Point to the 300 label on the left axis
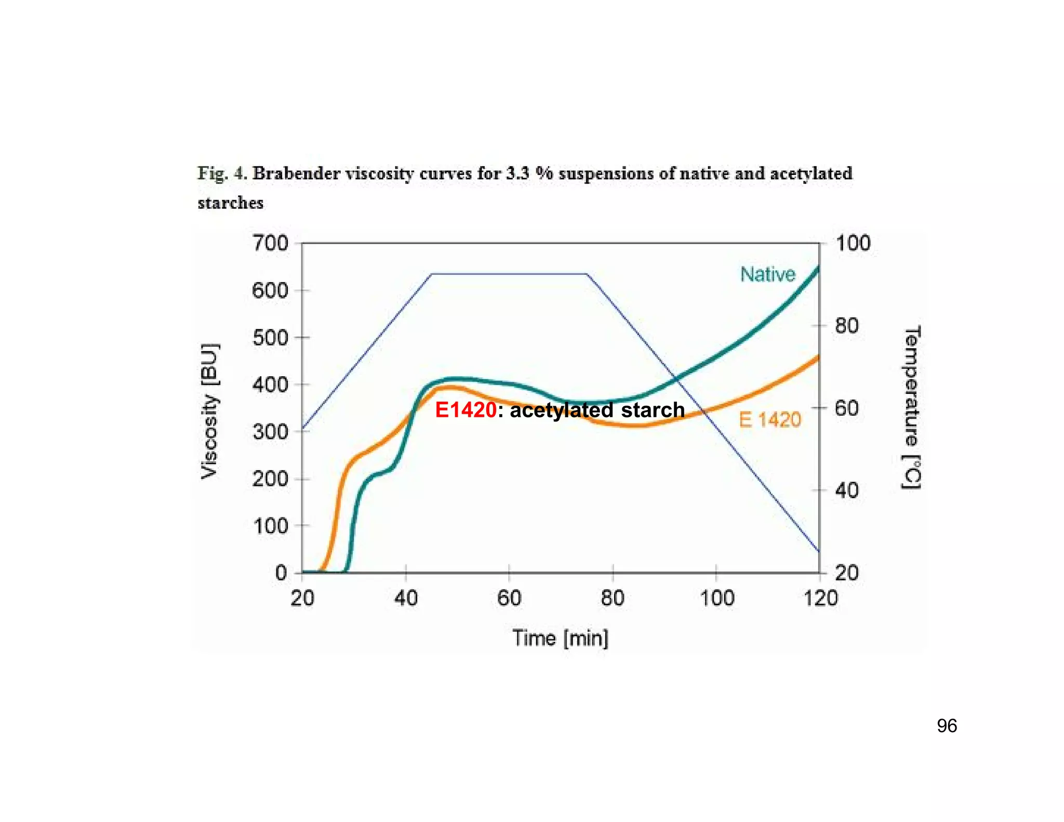point(270,432)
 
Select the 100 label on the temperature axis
point(853,243)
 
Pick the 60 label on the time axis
point(509,598)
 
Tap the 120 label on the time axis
point(820,598)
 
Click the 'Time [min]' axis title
point(560,638)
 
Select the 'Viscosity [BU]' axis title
point(210,410)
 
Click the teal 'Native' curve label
point(767,274)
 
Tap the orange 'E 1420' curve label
point(770,420)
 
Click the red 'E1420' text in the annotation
point(465,410)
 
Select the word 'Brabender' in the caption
point(296,174)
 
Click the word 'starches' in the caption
point(230,203)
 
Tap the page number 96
point(947,726)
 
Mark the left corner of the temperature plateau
point(431,274)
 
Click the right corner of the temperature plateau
point(587,274)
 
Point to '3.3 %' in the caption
point(529,174)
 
